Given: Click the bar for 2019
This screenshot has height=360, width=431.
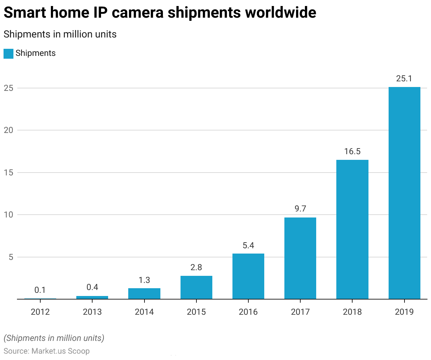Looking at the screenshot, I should coord(404,193).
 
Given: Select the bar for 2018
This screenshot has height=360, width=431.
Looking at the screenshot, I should coord(352,229).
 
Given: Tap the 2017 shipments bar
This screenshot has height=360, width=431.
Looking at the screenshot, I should coord(300,258).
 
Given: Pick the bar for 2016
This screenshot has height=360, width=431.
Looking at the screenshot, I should coord(248,276).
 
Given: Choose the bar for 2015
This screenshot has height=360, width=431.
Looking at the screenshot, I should coord(196,287).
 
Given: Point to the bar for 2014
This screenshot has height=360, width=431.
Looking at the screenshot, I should coord(144,294).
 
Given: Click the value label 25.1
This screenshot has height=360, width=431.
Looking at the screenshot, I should coord(404,79).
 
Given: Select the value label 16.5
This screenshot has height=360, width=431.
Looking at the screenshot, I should coord(352,152).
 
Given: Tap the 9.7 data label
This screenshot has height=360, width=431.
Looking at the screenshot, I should coord(300,209).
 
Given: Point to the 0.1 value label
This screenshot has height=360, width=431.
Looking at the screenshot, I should coord(40,290).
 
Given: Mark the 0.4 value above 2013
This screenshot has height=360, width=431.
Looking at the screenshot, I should coord(92,287).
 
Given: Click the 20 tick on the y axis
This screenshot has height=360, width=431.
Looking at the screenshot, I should coord(8,130).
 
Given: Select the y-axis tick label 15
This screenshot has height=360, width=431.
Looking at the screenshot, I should coord(8,173).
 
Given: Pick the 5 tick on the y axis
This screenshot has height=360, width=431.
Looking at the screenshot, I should coord(11,257).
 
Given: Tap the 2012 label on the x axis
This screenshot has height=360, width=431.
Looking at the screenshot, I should coord(40,312).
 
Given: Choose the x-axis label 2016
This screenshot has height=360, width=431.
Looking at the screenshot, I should coord(248,312).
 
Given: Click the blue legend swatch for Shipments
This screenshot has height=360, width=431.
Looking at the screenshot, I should coord(8,53).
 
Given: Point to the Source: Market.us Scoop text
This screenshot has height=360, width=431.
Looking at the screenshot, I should coord(47,351).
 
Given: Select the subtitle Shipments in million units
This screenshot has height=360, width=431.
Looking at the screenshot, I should coord(60,34).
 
